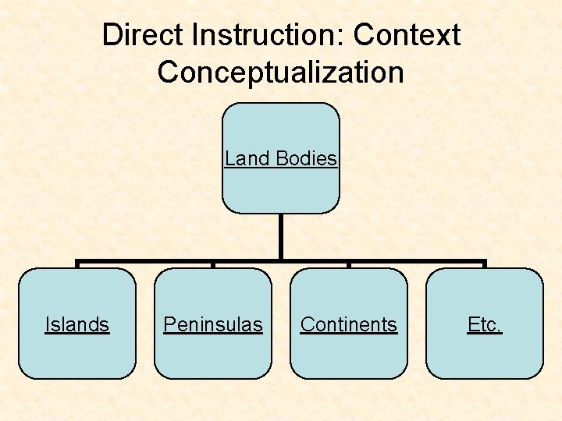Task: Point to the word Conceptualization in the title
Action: (x=280, y=73)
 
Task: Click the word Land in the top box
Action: (x=246, y=158)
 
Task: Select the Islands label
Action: (x=77, y=324)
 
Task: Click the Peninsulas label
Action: (x=213, y=324)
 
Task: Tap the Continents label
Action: (x=349, y=324)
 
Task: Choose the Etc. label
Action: (x=485, y=324)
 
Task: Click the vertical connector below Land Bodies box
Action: (x=281, y=236)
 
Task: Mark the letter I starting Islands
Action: (x=47, y=324)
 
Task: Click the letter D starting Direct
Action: (x=112, y=35)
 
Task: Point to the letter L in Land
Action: (x=229, y=158)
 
